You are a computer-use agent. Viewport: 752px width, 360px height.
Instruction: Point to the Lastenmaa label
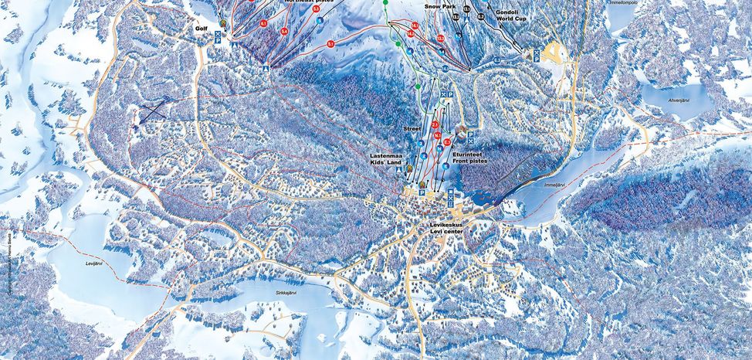click(x=383, y=155)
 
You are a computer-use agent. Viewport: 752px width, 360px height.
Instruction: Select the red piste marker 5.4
click(x=284, y=31)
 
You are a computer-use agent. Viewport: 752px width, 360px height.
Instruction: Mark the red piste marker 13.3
click(x=440, y=39)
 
